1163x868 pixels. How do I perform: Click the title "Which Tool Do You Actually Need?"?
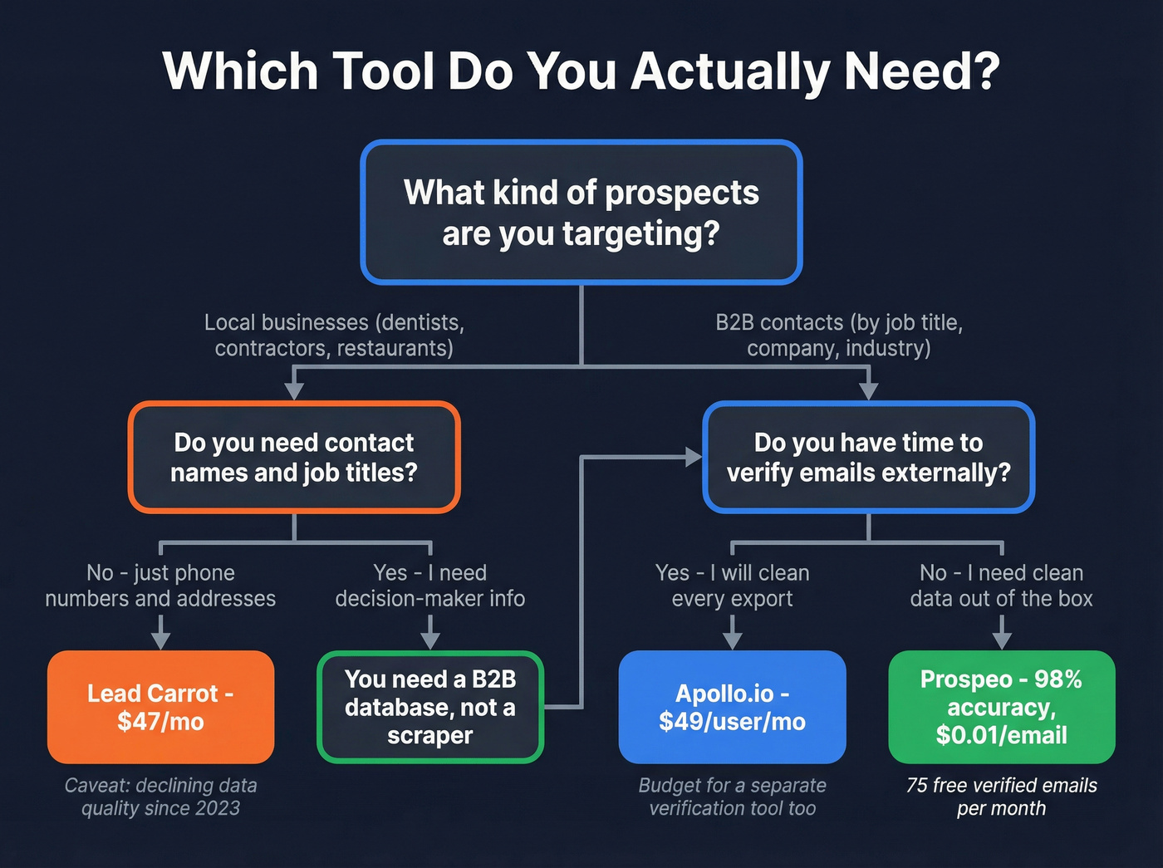pos(581,71)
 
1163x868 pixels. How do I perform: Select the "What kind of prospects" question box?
pos(581,213)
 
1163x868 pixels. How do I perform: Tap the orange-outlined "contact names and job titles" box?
pos(294,458)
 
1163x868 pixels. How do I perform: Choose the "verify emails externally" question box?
pos(868,458)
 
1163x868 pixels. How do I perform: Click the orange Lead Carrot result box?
pos(160,707)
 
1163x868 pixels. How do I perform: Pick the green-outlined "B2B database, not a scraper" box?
pos(429,707)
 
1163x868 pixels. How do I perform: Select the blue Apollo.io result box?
pos(732,707)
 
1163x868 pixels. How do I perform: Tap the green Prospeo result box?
pos(1001,707)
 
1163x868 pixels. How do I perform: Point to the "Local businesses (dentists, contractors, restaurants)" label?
pos(334,335)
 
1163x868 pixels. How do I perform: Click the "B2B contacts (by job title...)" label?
pos(839,335)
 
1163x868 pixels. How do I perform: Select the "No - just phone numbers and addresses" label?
pos(160,586)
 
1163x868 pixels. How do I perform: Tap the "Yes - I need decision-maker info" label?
pos(429,586)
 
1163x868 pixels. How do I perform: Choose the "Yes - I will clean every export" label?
pos(732,586)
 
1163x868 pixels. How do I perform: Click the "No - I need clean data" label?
pos(1001,586)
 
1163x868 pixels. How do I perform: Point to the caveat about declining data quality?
pos(160,797)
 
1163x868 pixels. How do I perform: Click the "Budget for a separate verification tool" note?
pos(732,797)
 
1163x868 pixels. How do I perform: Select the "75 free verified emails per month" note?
pos(1001,797)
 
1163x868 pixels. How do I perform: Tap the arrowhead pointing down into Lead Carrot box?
pos(161,640)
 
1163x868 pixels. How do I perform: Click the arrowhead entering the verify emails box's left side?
pos(693,456)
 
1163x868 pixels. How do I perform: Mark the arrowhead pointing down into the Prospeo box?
pos(1002,640)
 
